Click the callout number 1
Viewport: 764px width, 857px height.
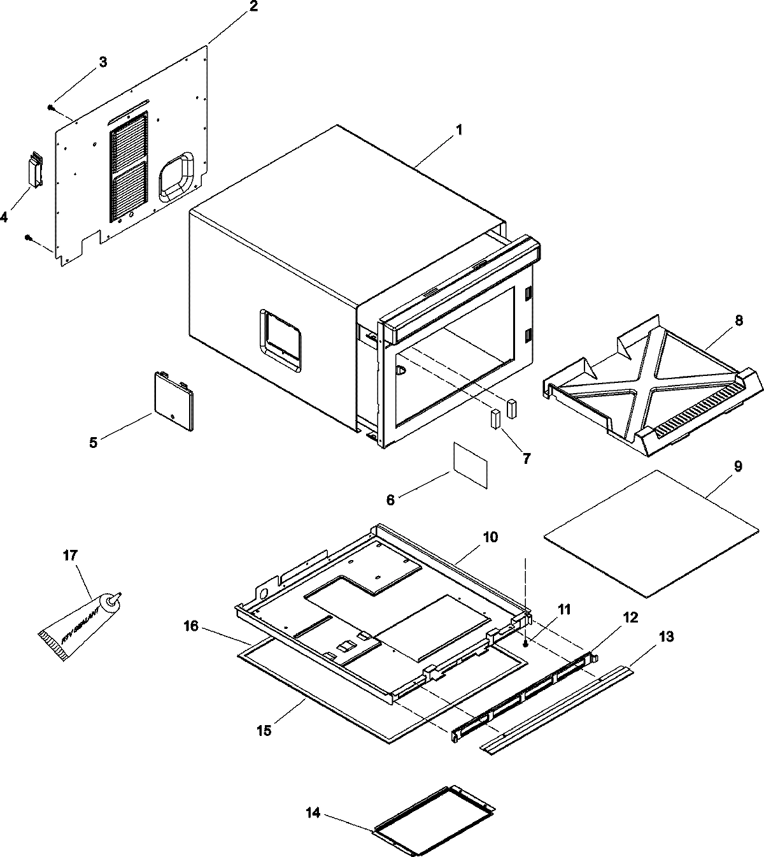tap(458, 130)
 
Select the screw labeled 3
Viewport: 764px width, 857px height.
tap(51, 108)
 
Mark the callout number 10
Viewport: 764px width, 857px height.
tap(490, 537)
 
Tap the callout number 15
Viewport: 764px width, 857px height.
tap(264, 730)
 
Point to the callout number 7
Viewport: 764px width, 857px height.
tap(526, 457)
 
